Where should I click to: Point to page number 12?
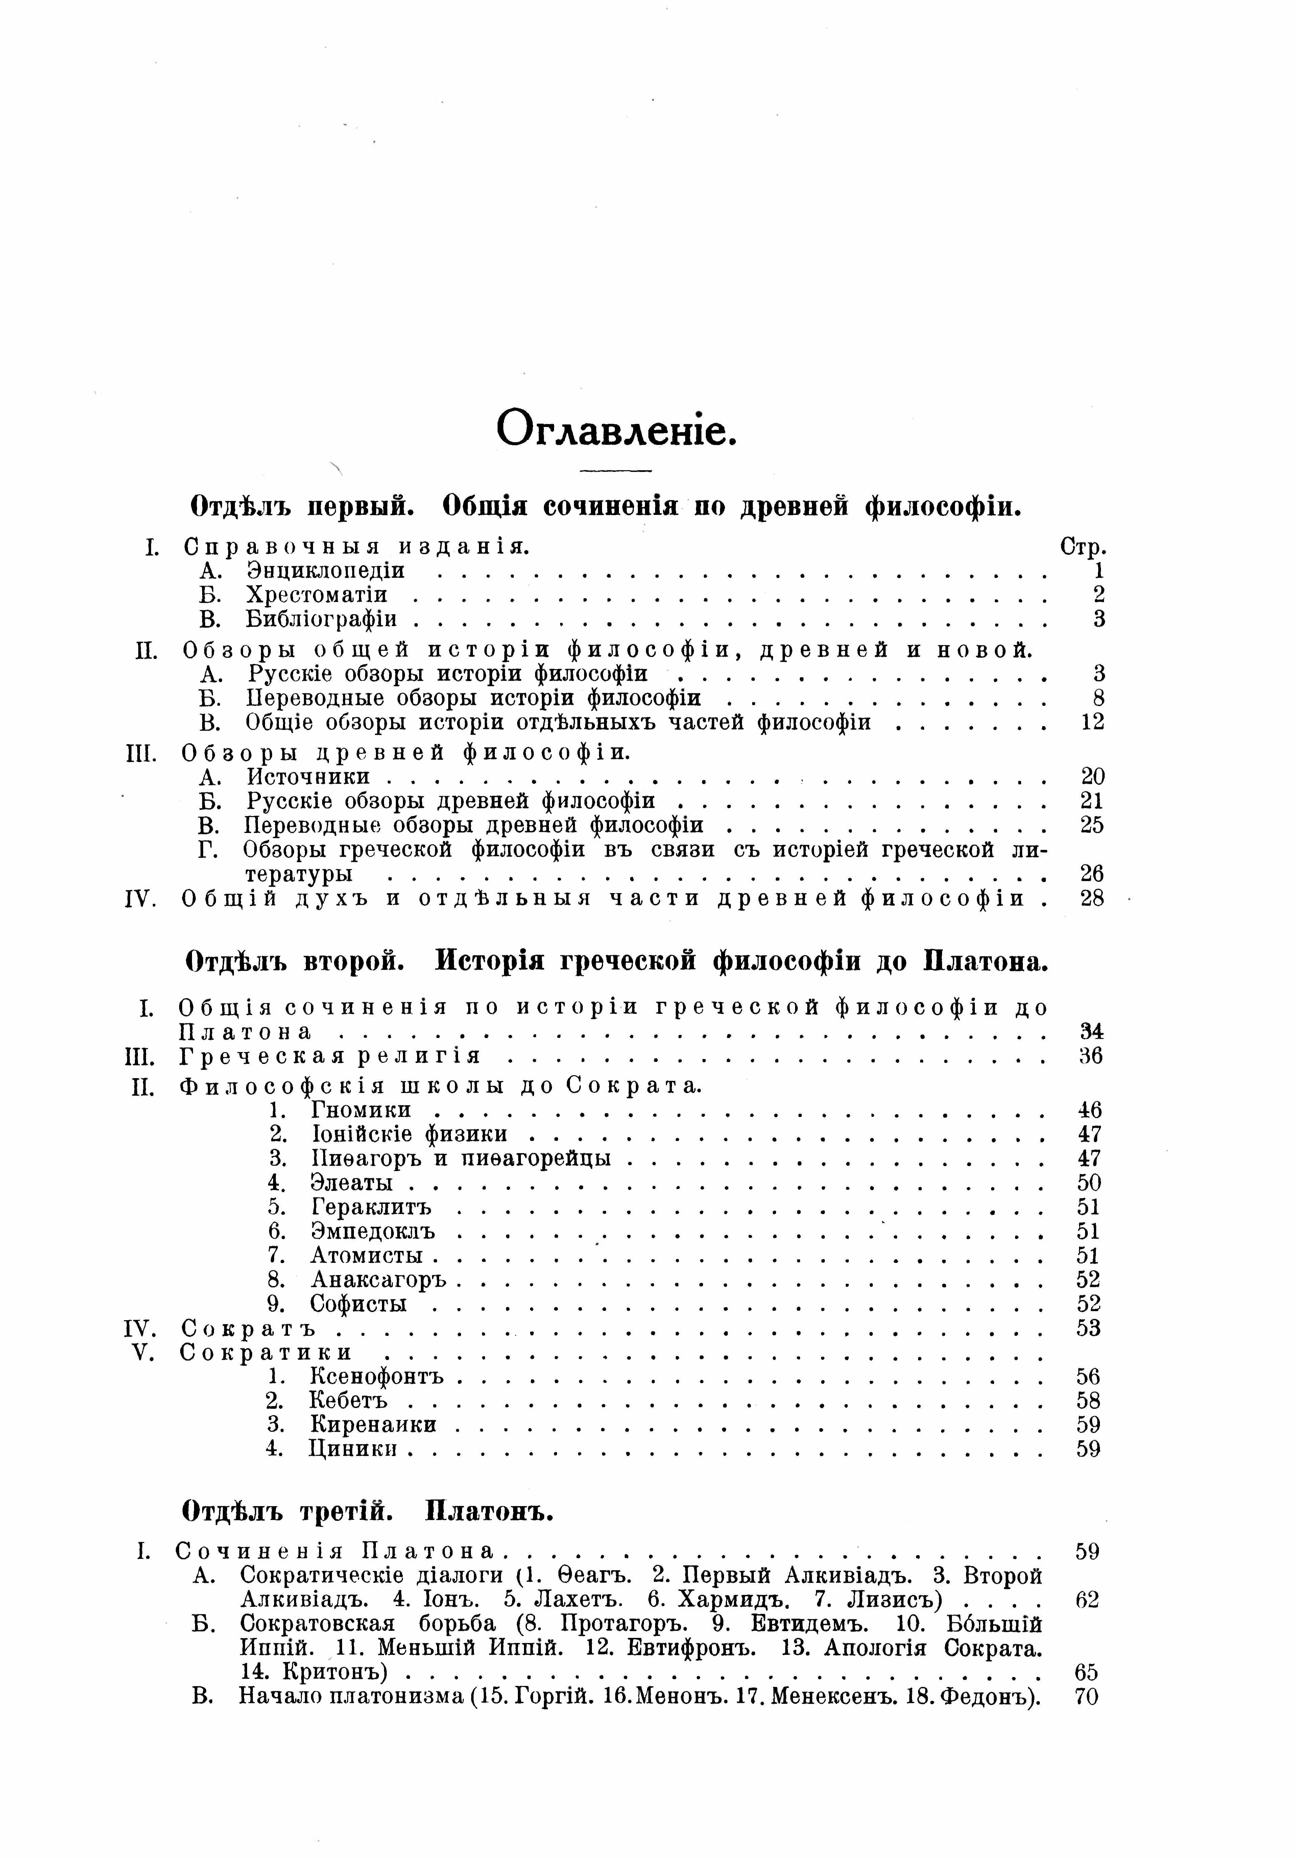[x=1092, y=722]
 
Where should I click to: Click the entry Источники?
[x=308, y=777]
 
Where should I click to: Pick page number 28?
[x=1092, y=898]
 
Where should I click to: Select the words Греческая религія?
[x=330, y=1056]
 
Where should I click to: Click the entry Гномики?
[x=361, y=1110]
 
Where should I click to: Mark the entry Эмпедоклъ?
[x=373, y=1232]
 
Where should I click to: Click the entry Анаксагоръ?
[x=379, y=1280]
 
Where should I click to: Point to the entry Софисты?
[x=358, y=1305]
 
